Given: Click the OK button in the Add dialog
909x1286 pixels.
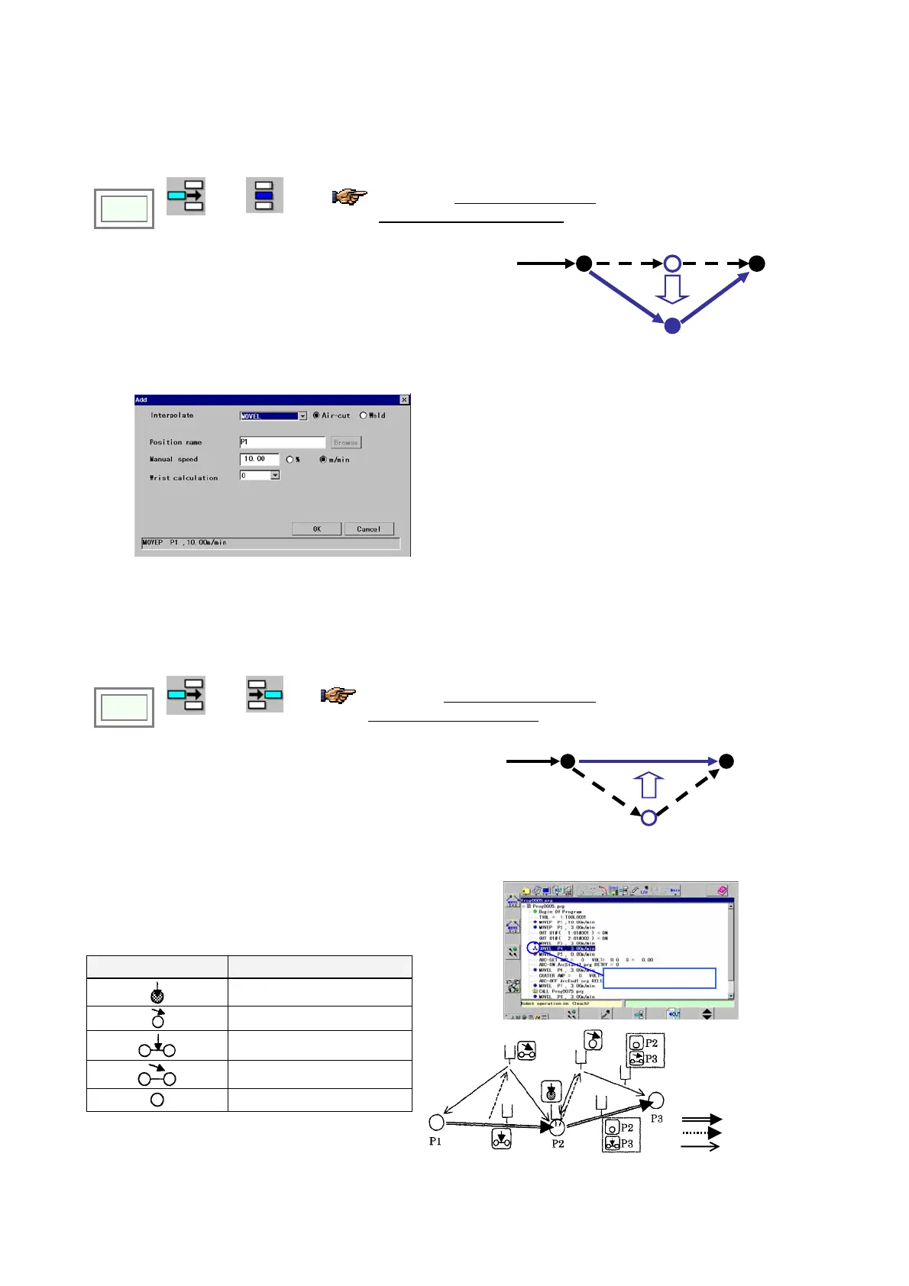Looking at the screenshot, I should pyautogui.click(x=316, y=528).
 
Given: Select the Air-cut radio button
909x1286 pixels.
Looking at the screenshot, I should pyautogui.click(x=316, y=415).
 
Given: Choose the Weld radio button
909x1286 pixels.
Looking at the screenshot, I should pyautogui.click(x=363, y=415).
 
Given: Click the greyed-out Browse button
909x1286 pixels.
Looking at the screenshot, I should pyautogui.click(x=346, y=442).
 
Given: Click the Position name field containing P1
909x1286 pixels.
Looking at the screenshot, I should pyautogui.click(x=282, y=442).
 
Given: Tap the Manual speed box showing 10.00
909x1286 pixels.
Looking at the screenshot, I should pyautogui.click(x=259, y=459).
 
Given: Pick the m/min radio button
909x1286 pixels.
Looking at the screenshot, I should pyautogui.click(x=323, y=460).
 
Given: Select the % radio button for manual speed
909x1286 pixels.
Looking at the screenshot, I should pyautogui.click(x=290, y=460).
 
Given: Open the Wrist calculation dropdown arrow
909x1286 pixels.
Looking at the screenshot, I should pyautogui.click(x=275, y=475).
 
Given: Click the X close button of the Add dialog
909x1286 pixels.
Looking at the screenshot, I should pyautogui.click(x=404, y=399).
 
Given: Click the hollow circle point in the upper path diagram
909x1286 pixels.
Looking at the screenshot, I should pyautogui.click(x=672, y=263).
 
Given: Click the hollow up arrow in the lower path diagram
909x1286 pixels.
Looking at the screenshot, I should pyautogui.click(x=649, y=785).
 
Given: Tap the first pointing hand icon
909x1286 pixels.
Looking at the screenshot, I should pyautogui.click(x=349, y=196).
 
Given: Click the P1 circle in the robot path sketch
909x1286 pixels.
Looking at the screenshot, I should pyautogui.click(x=436, y=1122).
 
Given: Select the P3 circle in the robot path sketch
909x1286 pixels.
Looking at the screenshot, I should pyautogui.click(x=655, y=1100).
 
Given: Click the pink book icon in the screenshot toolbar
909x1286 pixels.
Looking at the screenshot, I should pyautogui.click(x=722, y=890).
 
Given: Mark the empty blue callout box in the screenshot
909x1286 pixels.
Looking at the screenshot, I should pyautogui.click(x=659, y=978).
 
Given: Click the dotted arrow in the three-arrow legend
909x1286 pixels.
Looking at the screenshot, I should pyautogui.click(x=701, y=1133).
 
